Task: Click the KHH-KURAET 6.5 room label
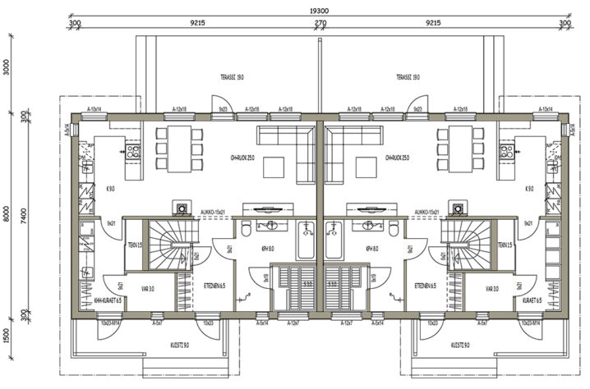point(108,300)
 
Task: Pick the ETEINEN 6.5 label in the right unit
point(425,286)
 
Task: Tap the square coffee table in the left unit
point(274,169)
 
